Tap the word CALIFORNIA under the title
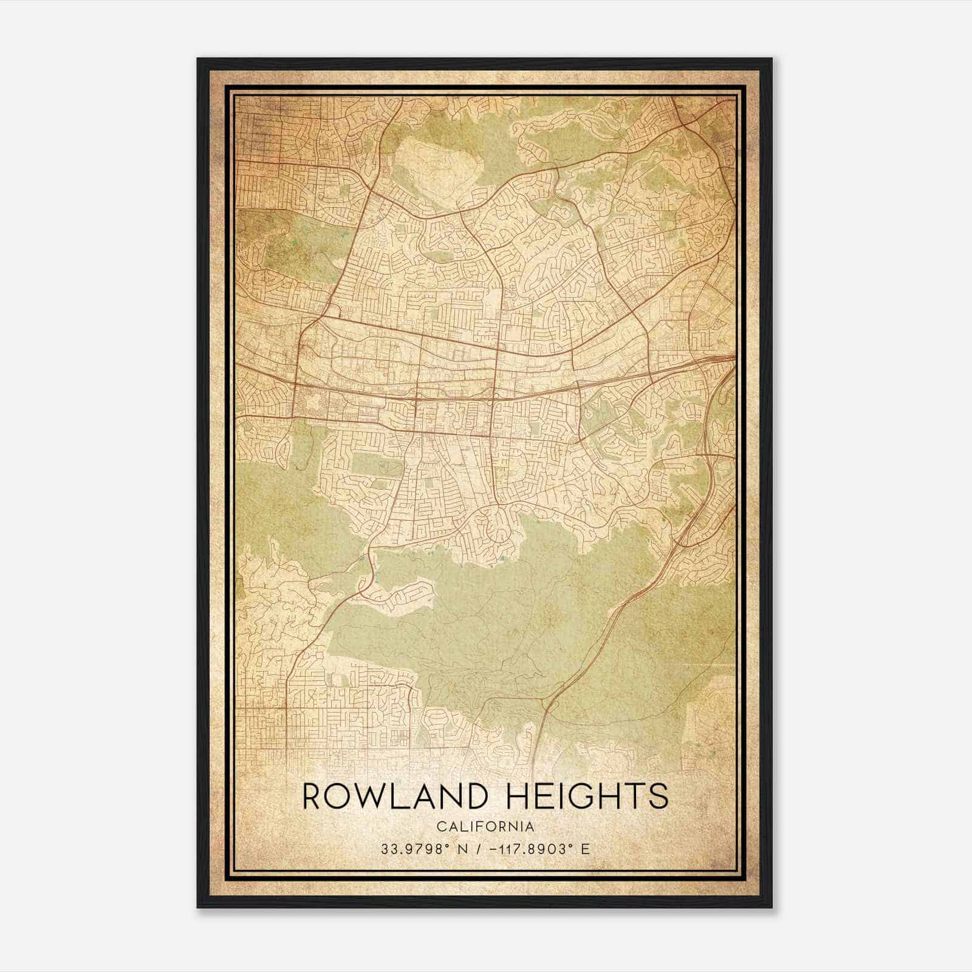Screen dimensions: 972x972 (x=485, y=826)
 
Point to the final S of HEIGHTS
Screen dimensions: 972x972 (x=658, y=796)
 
